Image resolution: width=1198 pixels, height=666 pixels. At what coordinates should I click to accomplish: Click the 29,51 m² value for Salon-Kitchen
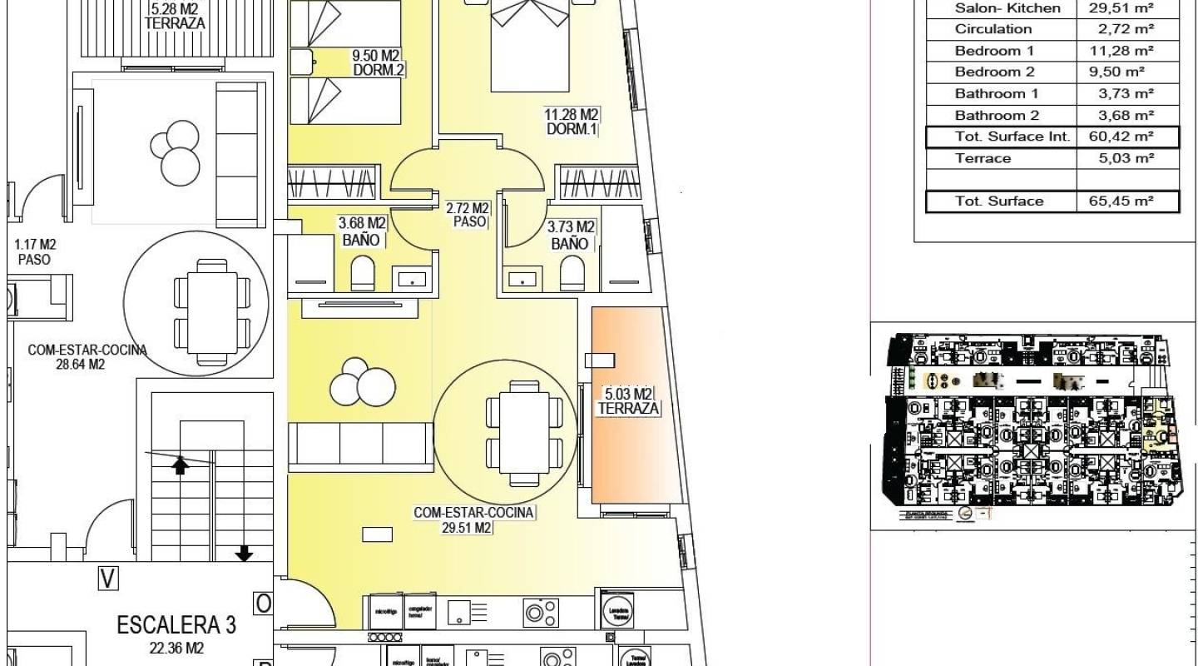(x=1121, y=8)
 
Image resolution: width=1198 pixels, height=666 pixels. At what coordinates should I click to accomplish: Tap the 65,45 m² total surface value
(x=1121, y=201)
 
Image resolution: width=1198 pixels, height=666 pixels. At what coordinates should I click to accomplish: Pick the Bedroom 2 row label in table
(x=994, y=72)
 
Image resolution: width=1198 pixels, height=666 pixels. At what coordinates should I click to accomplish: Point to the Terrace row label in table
(x=983, y=158)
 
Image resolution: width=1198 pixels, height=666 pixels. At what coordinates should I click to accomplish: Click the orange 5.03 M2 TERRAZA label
(x=628, y=401)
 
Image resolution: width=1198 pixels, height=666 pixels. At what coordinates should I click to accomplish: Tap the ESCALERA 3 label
(x=176, y=624)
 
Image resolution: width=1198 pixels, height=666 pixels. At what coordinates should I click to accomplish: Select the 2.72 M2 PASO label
(x=467, y=215)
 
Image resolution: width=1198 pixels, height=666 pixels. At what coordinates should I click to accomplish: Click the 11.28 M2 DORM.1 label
(x=572, y=122)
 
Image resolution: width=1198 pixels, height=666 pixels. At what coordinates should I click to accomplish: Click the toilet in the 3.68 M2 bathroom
(x=363, y=273)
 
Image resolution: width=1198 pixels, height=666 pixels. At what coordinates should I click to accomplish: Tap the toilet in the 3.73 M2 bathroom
(x=572, y=273)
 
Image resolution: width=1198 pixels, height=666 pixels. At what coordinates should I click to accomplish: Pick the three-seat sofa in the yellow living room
(x=360, y=444)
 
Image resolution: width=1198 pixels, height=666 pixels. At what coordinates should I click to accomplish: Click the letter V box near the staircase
(x=106, y=578)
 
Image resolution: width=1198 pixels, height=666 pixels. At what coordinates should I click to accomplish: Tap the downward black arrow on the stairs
(x=244, y=553)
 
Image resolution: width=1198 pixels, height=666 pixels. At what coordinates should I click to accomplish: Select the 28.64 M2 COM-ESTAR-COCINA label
(x=87, y=357)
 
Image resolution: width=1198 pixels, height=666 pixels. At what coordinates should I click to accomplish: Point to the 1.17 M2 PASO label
(x=34, y=251)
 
